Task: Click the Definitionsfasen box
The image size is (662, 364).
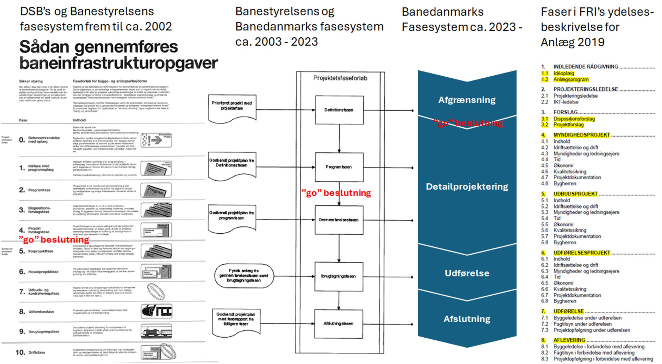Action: [339, 110]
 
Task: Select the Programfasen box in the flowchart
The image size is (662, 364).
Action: [339, 167]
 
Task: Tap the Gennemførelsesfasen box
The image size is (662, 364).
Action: [339, 220]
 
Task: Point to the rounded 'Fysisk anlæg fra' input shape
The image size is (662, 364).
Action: [244, 276]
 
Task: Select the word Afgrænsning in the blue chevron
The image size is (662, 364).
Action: [467, 100]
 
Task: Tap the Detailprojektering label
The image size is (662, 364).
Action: [467, 187]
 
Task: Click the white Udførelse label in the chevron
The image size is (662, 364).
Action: [467, 273]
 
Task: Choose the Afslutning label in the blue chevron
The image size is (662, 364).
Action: [467, 319]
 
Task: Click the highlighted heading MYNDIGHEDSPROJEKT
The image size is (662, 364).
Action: [582, 135]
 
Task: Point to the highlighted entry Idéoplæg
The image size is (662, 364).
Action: [564, 73]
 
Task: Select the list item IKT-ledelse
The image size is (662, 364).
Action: [566, 102]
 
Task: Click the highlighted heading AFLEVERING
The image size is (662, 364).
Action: [569, 340]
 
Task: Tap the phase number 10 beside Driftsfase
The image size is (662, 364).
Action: [20, 352]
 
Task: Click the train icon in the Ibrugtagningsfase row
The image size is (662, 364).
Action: [156, 331]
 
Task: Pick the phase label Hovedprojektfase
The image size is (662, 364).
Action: [43, 272]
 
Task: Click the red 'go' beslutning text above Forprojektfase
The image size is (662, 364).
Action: [54, 240]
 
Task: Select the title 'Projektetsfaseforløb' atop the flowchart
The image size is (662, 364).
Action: [340, 78]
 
